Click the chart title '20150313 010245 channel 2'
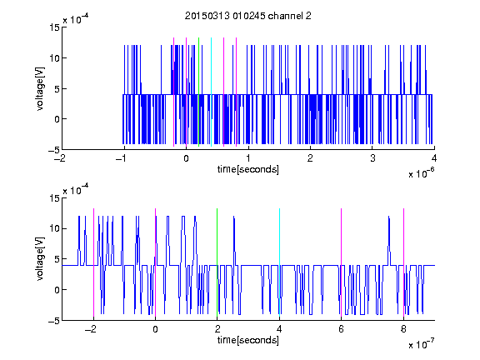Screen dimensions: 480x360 [248, 16]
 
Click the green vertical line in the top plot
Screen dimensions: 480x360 [198, 92]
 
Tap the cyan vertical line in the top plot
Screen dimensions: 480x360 [211, 92]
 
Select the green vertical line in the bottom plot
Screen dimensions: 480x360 [217, 262]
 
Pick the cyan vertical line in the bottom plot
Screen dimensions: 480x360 [279, 262]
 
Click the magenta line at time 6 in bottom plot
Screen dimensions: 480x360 [342, 262]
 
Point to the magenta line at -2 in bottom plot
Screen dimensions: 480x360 [93, 262]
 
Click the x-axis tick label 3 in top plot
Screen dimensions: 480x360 [372, 158]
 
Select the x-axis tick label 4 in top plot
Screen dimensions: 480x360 [434, 158]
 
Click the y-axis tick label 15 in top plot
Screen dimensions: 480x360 [55, 27]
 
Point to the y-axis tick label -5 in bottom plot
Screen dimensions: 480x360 [54, 321]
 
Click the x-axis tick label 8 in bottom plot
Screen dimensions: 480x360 [403, 329]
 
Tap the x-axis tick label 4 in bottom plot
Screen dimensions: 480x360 [279, 329]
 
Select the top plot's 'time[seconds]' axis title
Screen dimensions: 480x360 [248, 169]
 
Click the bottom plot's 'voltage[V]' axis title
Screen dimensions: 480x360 [40, 259]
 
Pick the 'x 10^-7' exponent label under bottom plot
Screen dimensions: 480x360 [421, 343]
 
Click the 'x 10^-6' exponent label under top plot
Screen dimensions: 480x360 [421, 172]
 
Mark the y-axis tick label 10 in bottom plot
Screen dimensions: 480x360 [55, 228]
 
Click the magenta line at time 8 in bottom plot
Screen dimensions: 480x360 [403, 262]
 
